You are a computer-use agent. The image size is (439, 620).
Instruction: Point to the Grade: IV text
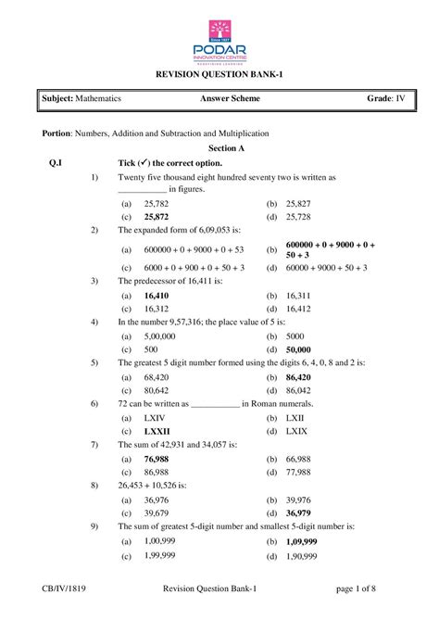(384, 97)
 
